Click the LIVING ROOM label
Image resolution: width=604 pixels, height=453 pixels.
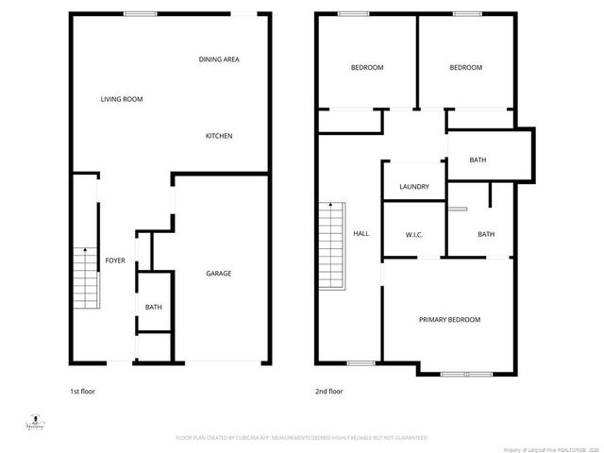click(x=122, y=99)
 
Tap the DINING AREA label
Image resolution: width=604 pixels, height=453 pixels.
click(x=219, y=59)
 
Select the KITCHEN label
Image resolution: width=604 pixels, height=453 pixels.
click(x=219, y=136)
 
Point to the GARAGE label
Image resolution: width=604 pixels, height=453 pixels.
click(x=219, y=274)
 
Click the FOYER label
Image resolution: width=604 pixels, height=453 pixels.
click(x=115, y=260)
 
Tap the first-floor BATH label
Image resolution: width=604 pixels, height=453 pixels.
click(x=153, y=308)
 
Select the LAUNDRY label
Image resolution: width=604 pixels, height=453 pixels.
click(x=414, y=187)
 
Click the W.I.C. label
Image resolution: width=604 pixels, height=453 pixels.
click(x=413, y=234)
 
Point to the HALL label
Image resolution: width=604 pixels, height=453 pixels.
click(x=361, y=234)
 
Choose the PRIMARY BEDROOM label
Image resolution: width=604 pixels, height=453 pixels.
click(x=449, y=320)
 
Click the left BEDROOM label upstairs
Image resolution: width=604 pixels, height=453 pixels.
click(x=367, y=68)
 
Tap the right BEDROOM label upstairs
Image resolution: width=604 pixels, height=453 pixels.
click(x=465, y=68)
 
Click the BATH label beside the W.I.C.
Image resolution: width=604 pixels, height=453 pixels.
click(x=486, y=234)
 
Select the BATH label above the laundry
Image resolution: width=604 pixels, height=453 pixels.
click(x=478, y=159)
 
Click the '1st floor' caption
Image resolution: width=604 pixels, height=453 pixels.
click(x=82, y=391)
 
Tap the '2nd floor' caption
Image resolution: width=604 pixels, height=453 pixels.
click(x=328, y=391)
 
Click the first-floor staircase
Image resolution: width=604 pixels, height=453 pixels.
click(x=85, y=276)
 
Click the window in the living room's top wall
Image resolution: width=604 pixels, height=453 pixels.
click(x=141, y=13)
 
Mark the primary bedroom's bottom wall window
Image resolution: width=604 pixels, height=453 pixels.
click(x=466, y=374)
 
